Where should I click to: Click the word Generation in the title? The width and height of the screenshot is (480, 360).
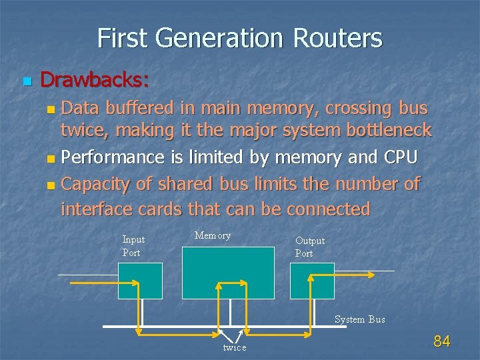point(226,38)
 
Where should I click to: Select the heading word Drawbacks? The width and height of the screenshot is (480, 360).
point(94,81)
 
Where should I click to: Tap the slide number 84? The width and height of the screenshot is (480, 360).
point(442,342)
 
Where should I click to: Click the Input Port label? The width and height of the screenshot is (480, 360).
point(133,246)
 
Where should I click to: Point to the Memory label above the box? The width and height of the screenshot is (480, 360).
point(213,235)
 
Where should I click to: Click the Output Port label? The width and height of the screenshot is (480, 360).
point(309,247)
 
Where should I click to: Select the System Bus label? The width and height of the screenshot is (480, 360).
point(359,319)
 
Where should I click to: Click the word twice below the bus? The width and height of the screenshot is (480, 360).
point(234,347)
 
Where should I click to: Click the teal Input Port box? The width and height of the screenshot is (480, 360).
point(140,280)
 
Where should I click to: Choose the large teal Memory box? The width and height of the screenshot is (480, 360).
point(228,273)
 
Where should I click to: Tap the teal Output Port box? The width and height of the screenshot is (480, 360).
point(312,280)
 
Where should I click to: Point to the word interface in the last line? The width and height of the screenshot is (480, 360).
point(97,209)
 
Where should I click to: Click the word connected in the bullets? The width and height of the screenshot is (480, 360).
point(328,209)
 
